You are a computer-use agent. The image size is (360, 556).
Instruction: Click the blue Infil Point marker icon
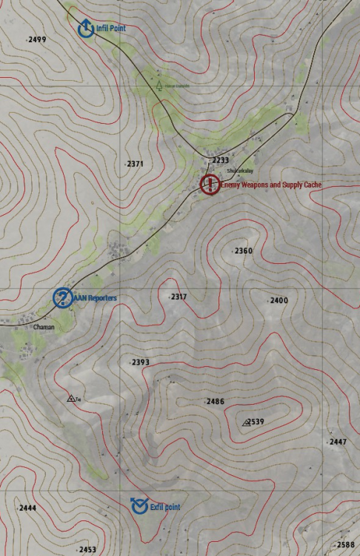coord(85,28)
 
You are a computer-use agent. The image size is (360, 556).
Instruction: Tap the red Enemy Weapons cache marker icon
coord(210,184)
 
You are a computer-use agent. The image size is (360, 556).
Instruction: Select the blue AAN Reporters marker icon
coord(62,297)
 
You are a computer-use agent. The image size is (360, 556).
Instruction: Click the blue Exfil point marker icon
coord(139,506)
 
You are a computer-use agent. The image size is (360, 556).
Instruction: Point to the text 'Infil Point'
coord(111,28)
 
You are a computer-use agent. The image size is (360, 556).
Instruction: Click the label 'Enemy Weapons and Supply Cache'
coord(270,184)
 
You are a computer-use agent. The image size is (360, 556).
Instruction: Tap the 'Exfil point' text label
coord(165,507)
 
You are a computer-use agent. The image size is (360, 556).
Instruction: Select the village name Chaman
coord(44,326)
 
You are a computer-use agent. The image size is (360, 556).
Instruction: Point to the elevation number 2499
coord(36,39)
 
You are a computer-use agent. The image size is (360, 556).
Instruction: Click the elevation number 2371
coord(134,163)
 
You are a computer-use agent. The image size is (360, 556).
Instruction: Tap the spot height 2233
coord(220,160)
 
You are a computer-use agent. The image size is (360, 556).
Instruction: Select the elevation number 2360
coord(243,251)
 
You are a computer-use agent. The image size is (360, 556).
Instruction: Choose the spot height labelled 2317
coord(179,297)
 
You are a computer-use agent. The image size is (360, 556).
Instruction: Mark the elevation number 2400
coord(279,300)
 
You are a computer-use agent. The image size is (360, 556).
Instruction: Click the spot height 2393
coord(140,362)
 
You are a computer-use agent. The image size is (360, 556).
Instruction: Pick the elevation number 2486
coord(215,401)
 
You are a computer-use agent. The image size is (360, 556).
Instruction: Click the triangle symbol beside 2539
coord(246,422)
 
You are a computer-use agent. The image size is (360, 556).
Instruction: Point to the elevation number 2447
coord(337,442)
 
